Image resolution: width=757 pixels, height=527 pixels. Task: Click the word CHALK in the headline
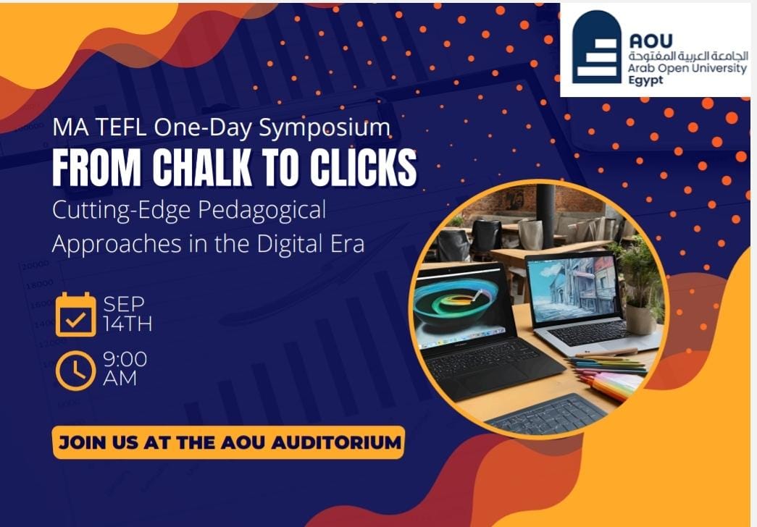(x=202, y=167)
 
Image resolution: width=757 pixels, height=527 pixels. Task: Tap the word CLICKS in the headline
(x=363, y=167)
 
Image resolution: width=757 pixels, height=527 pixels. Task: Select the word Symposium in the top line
(x=325, y=128)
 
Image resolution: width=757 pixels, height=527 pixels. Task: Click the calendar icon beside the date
(x=76, y=314)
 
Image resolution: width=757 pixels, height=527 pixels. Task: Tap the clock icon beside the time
(x=76, y=371)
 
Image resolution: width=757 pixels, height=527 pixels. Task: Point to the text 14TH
(x=128, y=324)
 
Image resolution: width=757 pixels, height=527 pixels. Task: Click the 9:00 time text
(x=125, y=360)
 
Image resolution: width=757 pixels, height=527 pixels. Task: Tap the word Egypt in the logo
(x=645, y=80)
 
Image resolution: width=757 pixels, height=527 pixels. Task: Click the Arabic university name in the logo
(x=688, y=56)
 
